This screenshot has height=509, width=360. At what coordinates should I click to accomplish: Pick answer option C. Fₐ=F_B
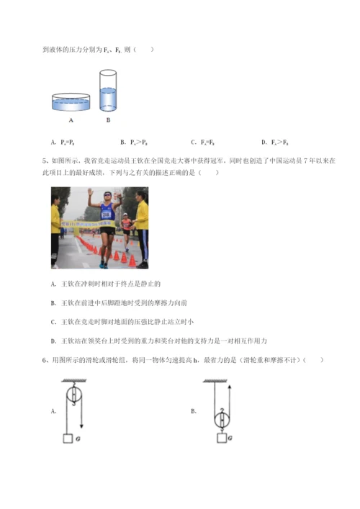pyautogui.click(x=204, y=142)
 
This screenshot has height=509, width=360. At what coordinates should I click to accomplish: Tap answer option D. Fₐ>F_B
pyautogui.click(x=274, y=142)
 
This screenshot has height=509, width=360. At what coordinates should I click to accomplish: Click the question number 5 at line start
pyautogui.click(x=45, y=163)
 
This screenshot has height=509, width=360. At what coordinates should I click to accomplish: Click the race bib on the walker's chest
pyautogui.click(x=106, y=214)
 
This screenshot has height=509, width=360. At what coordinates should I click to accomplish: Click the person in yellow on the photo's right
pyautogui.click(x=142, y=227)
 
